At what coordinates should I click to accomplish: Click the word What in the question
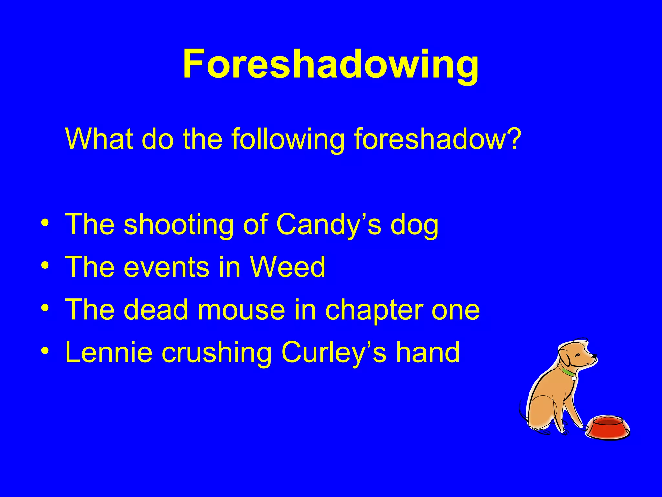pos(99,139)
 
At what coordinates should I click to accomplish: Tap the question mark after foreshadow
pos(512,139)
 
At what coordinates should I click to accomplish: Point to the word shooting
pos(178,225)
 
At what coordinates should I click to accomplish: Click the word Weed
pos(287,267)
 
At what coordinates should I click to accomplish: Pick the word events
pos(166,267)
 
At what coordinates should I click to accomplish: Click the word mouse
pos(241,310)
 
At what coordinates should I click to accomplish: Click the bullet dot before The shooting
pos(46,223)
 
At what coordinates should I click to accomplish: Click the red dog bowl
pos(608,427)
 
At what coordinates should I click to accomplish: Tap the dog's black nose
pos(594,357)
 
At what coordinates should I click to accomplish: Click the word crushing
pos(217,353)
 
